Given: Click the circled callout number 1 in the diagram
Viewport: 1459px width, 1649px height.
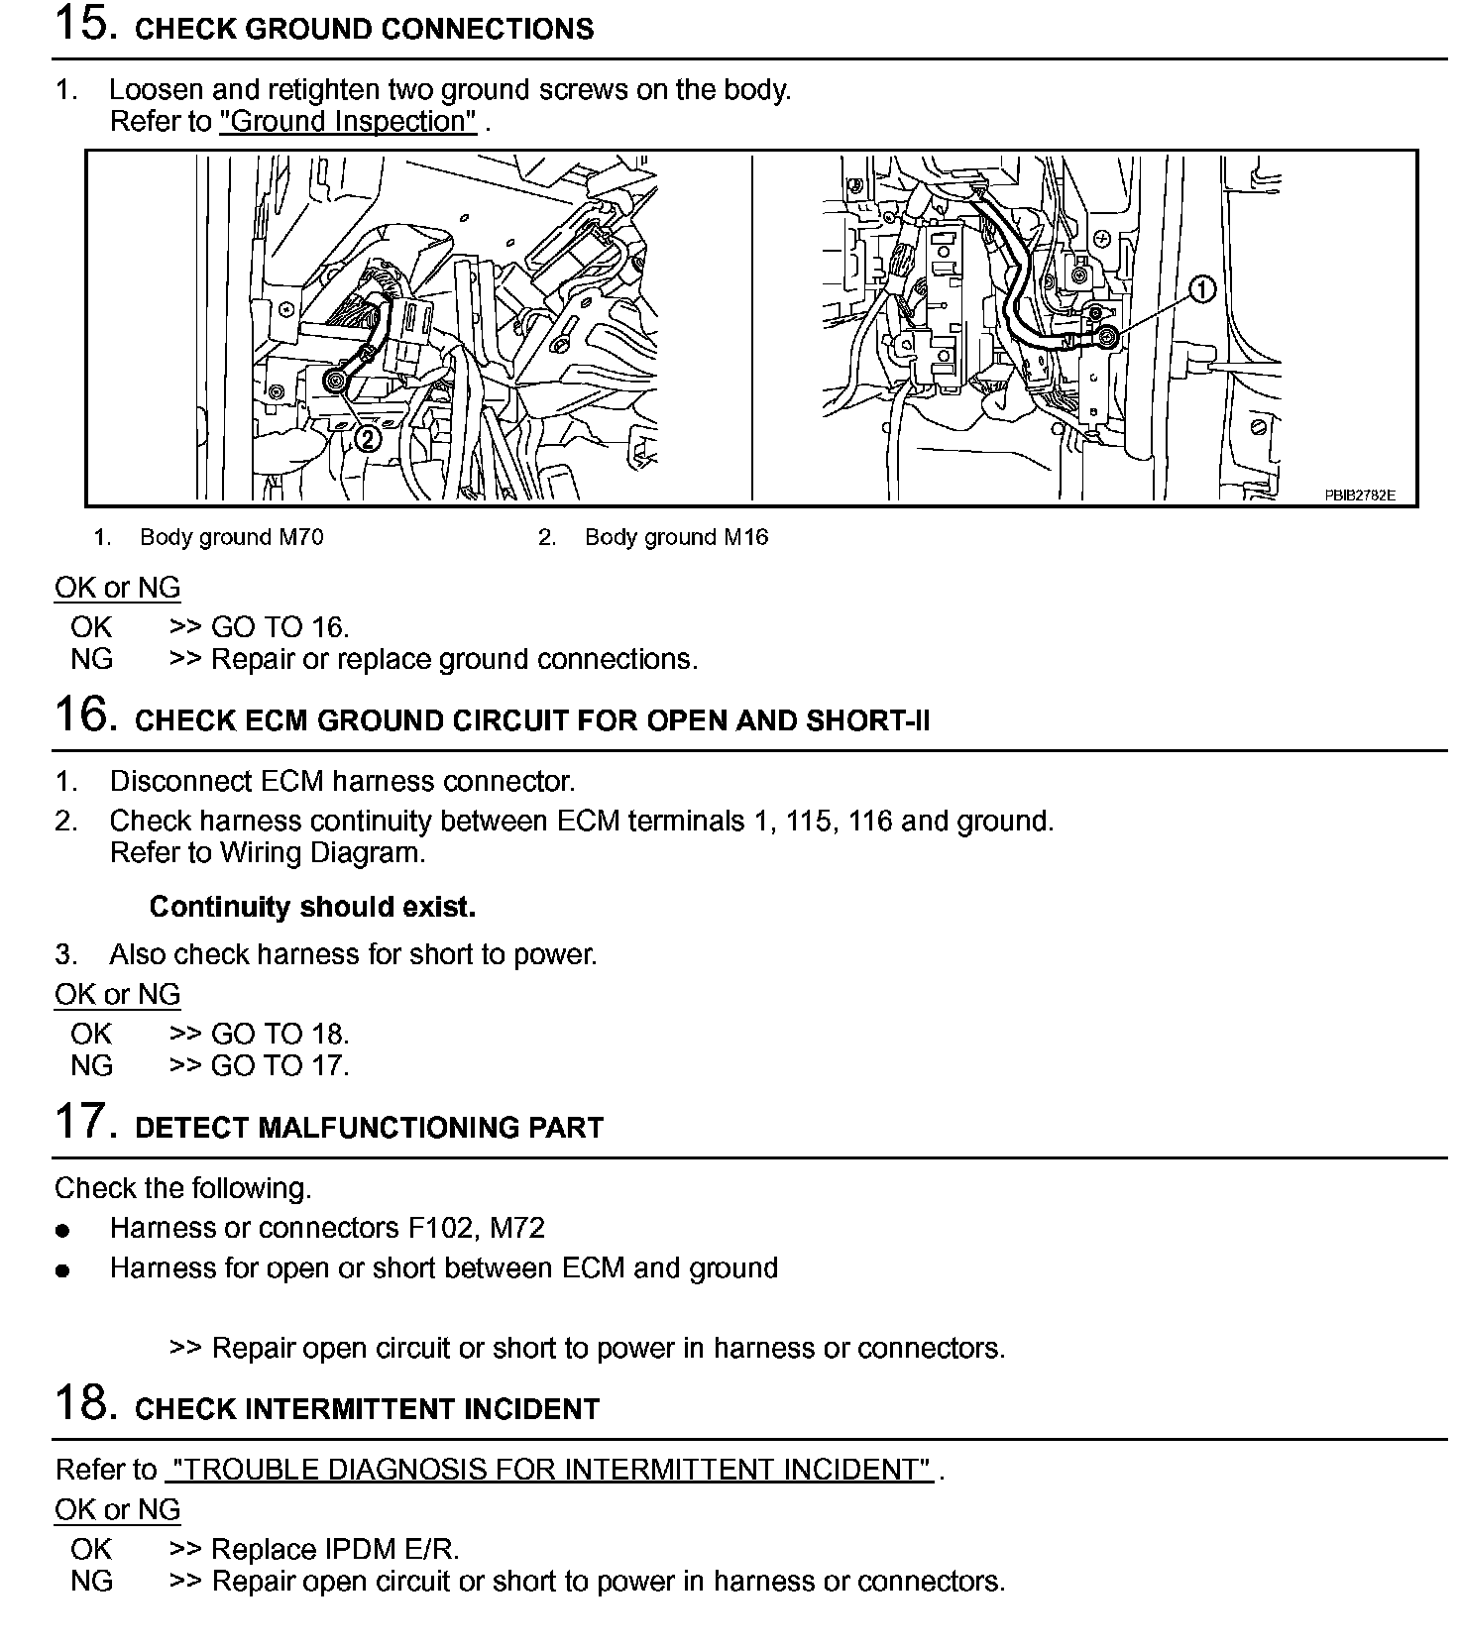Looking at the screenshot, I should (1201, 290).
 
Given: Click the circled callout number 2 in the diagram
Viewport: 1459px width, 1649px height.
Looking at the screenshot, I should (368, 437).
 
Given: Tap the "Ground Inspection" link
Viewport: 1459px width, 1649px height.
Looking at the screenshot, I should (348, 122).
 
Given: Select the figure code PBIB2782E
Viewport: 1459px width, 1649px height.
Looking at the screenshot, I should (1360, 495).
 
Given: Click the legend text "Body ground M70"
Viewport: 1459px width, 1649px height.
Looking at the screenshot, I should (231, 537).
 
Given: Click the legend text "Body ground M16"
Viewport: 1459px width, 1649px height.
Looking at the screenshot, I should (676, 537).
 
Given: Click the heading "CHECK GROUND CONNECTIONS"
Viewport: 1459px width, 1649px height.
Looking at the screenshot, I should (364, 30).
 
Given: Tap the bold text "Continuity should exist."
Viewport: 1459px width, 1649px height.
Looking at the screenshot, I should (312, 907).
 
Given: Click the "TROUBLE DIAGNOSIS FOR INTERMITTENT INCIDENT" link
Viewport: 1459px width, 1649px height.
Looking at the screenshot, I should (549, 1469).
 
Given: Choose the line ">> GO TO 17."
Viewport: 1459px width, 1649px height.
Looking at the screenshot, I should (260, 1065).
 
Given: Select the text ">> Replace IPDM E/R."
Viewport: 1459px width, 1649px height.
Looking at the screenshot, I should (314, 1549).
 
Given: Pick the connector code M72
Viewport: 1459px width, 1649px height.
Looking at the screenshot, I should (517, 1228).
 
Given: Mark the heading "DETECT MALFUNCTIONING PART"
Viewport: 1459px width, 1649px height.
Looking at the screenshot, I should (369, 1128).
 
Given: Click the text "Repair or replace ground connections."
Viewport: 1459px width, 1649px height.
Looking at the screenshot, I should (454, 659).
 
